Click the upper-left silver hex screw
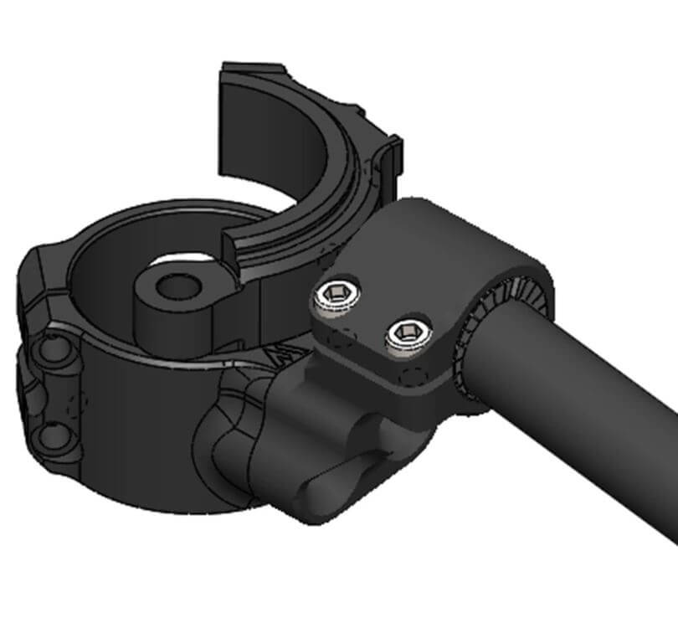click(x=336, y=295)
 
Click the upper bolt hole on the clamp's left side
click(x=55, y=347)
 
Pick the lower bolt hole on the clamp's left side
click(x=55, y=435)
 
